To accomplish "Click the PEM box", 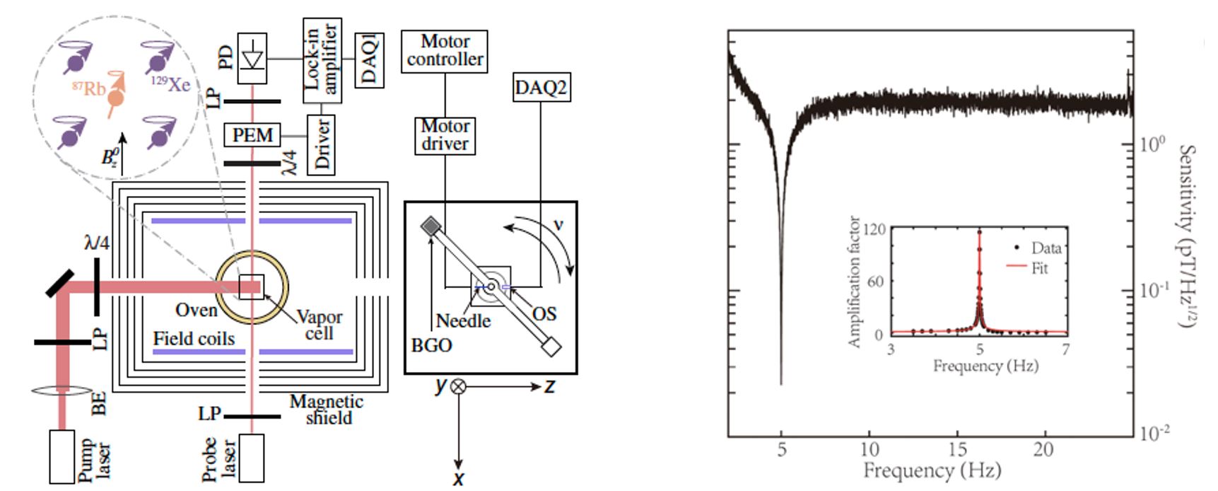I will click(252, 134).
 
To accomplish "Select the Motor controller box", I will click(445, 51).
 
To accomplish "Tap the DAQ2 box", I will click(541, 88).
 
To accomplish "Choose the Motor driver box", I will click(445, 135).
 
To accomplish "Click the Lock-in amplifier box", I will click(322, 60).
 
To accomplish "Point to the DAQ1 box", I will click(369, 60).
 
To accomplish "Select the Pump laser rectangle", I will click(62, 457).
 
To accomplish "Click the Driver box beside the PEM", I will click(322, 144).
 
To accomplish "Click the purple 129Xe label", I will click(170, 84).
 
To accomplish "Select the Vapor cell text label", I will click(319, 325).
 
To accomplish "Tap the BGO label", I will click(431, 345).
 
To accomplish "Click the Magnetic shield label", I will click(327, 410).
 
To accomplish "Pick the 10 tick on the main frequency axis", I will click(869, 449).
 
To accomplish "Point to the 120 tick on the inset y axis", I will click(874, 229).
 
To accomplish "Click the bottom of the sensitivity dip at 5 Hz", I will click(781, 383).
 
